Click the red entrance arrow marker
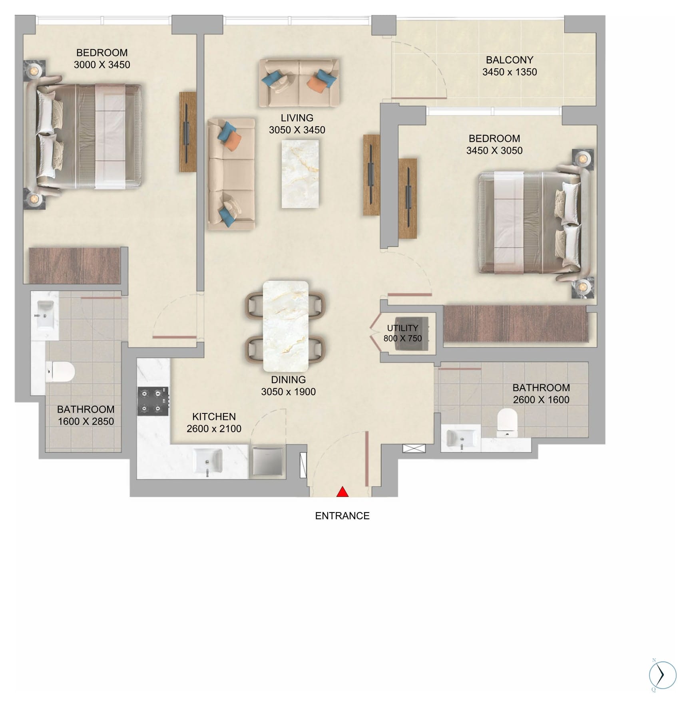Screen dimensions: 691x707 click(x=342, y=492)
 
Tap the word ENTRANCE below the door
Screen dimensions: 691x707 click(x=342, y=516)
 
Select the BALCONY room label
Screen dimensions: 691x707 click(x=510, y=60)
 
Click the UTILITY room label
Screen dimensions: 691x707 click(x=402, y=328)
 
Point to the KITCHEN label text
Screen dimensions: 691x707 click(x=214, y=417)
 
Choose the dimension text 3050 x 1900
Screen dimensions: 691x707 click(x=288, y=392)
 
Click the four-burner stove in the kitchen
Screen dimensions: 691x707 click(x=153, y=401)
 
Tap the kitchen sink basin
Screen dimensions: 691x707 click(x=207, y=462)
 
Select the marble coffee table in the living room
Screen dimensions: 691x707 click(x=300, y=174)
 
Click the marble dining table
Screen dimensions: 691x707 click(x=286, y=326)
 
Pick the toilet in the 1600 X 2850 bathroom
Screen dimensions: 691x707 click(x=60, y=371)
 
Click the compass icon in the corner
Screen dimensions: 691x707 click(x=662, y=675)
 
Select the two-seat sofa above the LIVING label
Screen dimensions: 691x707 click(x=299, y=83)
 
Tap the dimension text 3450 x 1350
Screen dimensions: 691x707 click(x=510, y=72)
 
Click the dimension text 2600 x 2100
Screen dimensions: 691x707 click(x=214, y=429)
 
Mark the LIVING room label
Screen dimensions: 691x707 click(x=297, y=118)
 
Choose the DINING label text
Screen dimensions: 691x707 click(x=288, y=380)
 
